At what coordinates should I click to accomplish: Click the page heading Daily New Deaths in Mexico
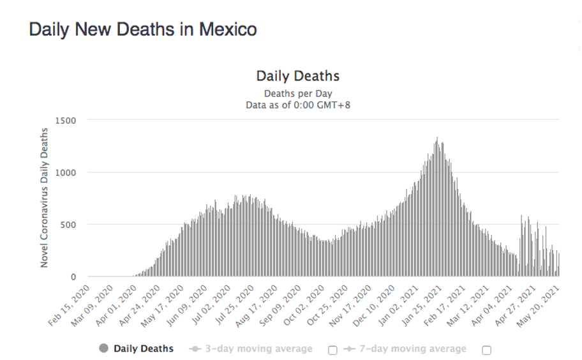(143, 29)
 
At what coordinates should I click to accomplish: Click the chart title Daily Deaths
(297, 76)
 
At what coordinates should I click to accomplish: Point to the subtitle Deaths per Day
(297, 93)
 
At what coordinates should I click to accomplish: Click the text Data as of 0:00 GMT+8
(297, 105)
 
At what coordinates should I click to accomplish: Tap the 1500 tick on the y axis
(65, 120)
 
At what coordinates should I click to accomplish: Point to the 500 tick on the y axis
(68, 225)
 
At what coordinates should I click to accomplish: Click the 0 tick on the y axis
(73, 277)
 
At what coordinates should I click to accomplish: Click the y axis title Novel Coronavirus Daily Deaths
(45, 198)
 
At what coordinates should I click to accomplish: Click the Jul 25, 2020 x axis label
(234, 306)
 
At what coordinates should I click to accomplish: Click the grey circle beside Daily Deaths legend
(103, 349)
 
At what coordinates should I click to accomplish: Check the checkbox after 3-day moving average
(332, 350)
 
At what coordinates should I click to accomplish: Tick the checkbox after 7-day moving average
(486, 350)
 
